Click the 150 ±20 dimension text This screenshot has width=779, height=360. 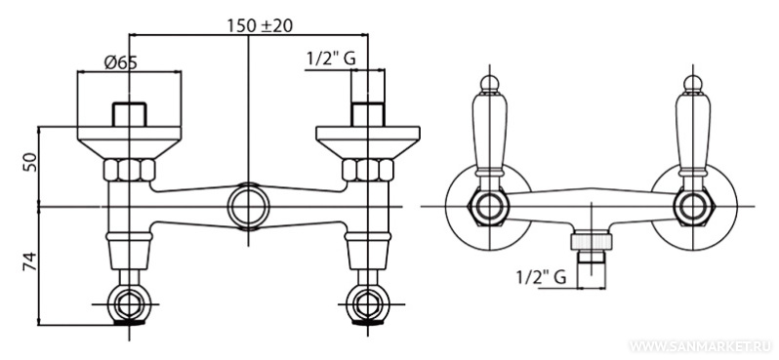click(260, 24)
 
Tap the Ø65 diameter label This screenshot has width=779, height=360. click(120, 62)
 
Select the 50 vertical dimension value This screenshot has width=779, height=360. click(29, 162)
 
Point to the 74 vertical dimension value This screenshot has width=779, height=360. click(29, 261)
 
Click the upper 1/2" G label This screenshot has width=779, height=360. click(331, 59)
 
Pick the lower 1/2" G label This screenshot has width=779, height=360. click(541, 277)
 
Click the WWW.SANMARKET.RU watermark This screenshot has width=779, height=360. click(702, 345)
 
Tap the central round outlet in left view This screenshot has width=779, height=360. click(248, 207)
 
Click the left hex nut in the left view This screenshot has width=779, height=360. click(129, 170)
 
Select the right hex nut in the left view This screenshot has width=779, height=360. click(368, 170)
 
